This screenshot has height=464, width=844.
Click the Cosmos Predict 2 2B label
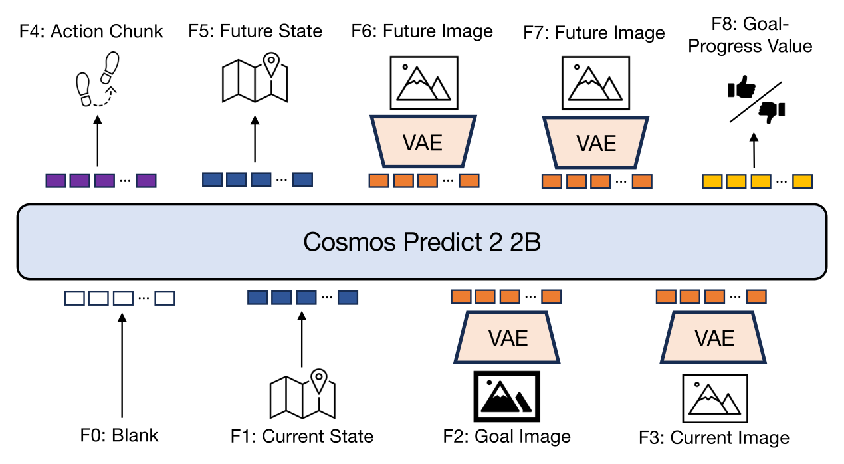[x=422, y=241]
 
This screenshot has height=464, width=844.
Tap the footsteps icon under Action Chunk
[x=97, y=79]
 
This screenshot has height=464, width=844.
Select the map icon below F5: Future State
[x=255, y=78]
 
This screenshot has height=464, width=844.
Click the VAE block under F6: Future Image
[x=423, y=142]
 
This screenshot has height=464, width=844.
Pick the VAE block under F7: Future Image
[x=595, y=142]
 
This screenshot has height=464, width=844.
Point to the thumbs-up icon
[x=741, y=88]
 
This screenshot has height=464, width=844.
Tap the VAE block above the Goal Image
[x=507, y=337]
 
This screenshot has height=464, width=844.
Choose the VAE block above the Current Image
[x=713, y=337]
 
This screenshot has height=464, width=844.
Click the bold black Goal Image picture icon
[x=507, y=396]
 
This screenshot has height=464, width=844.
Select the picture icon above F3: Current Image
[x=715, y=398]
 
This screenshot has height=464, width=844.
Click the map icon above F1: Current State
[x=302, y=394]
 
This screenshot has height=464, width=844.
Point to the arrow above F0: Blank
[x=122, y=365]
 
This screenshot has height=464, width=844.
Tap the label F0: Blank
[x=119, y=435]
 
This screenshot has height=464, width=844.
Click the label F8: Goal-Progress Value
[x=750, y=35]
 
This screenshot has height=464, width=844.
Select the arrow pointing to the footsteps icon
[x=98, y=140]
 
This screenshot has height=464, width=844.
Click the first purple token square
[x=56, y=181]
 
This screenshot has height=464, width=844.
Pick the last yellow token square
[x=803, y=181]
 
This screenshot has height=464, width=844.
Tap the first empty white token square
[x=74, y=298]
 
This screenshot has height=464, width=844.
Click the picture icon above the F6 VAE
[x=424, y=83]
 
